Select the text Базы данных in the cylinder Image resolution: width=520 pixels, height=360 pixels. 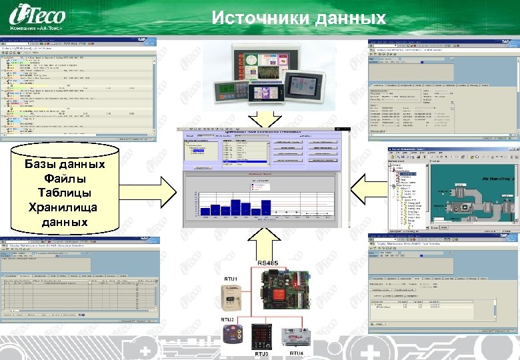click(x=64, y=165)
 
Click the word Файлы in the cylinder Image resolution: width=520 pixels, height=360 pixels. click(x=64, y=179)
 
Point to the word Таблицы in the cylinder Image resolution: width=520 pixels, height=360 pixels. click(x=64, y=193)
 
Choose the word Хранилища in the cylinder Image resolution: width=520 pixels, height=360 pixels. click(x=64, y=207)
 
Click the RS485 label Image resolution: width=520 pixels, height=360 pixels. click(x=270, y=264)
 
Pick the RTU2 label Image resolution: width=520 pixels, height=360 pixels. click(x=229, y=320)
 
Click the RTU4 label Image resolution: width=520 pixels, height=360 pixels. click(x=297, y=353)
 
